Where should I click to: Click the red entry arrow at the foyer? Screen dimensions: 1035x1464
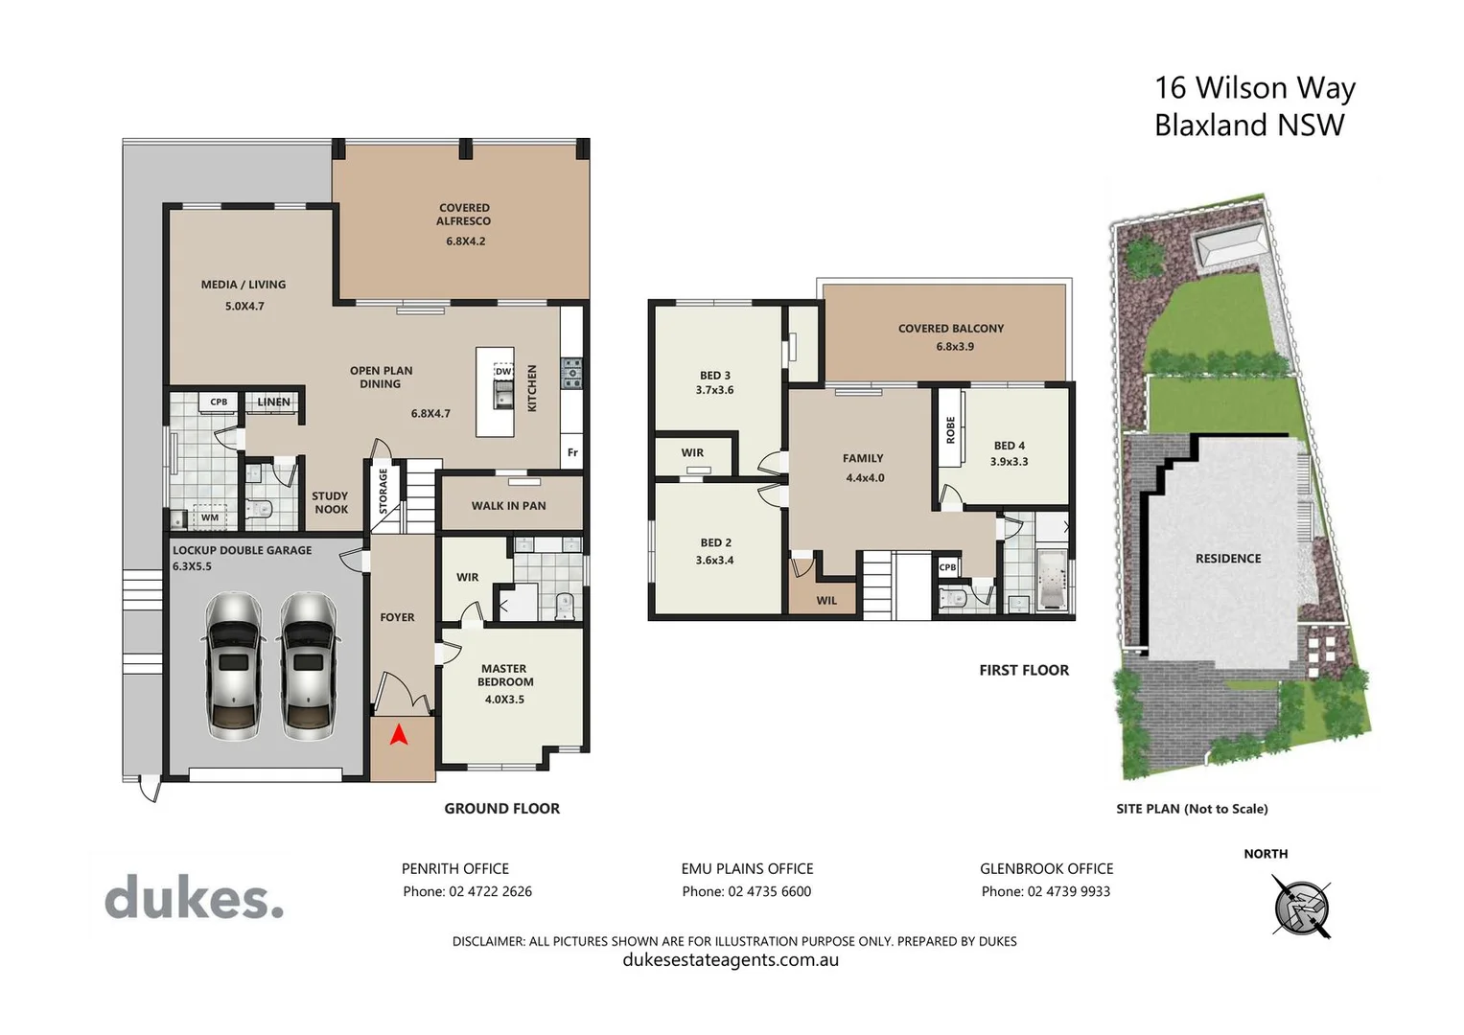click(399, 735)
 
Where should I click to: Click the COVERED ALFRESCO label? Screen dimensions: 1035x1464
click(464, 215)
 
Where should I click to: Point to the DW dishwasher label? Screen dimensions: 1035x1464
click(503, 372)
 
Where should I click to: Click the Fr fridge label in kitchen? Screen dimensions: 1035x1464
click(572, 453)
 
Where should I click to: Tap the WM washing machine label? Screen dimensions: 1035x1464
click(210, 518)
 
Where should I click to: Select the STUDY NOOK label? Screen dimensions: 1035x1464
click(331, 503)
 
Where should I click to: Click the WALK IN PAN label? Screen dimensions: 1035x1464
click(508, 506)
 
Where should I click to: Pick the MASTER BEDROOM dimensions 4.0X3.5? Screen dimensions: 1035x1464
click(504, 700)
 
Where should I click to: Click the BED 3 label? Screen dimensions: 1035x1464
click(714, 376)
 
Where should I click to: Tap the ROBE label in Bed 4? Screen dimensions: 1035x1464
click(951, 429)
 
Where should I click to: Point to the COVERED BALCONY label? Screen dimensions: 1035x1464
click(951, 329)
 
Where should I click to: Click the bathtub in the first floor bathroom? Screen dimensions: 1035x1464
click(1052, 578)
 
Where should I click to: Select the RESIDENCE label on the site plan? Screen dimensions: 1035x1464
click(1228, 559)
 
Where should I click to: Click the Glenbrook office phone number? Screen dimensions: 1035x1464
click(1045, 891)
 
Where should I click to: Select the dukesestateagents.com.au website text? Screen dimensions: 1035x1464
click(731, 960)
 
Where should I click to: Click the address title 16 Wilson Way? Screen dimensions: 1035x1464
click(1254, 88)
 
